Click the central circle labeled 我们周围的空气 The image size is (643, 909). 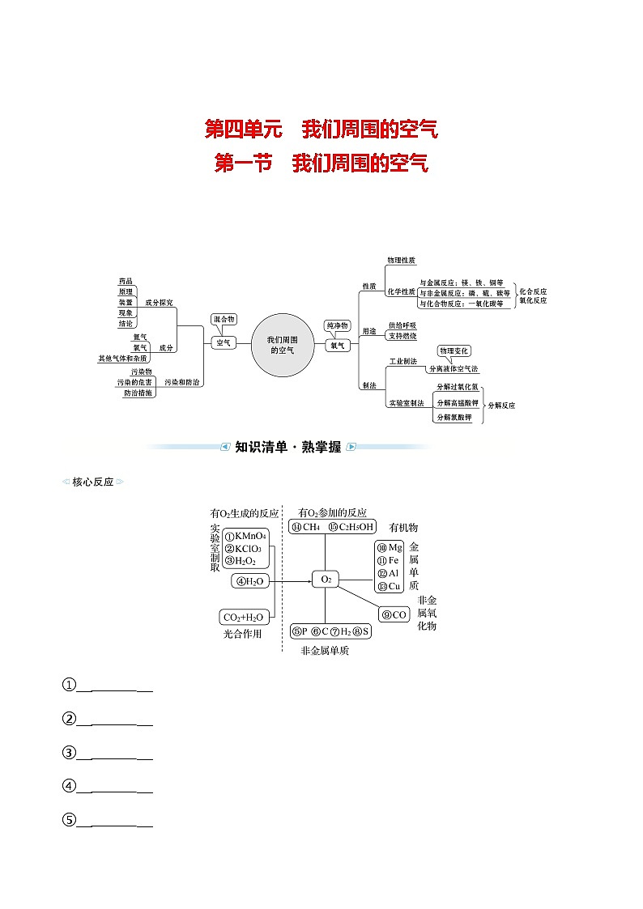pos(282,346)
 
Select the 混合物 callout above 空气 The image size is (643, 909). pos(224,319)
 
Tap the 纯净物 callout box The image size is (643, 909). pos(337,325)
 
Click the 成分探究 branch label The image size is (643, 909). pos(159,302)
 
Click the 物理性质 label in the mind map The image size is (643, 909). pos(401,261)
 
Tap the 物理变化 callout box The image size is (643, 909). pos(454,350)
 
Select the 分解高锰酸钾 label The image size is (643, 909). pos(457,402)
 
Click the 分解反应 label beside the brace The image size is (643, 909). pos(501,405)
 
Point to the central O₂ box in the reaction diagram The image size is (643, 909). pos(326,579)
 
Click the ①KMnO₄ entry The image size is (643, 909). pos(246,536)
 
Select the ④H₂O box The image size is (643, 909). pos(250,580)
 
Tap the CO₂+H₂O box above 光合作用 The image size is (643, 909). pos(243,617)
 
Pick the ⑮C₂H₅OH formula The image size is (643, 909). pos(351,527)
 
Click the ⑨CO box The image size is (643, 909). pos(394,615)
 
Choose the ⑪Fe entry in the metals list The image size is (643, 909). pos(390,560)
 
